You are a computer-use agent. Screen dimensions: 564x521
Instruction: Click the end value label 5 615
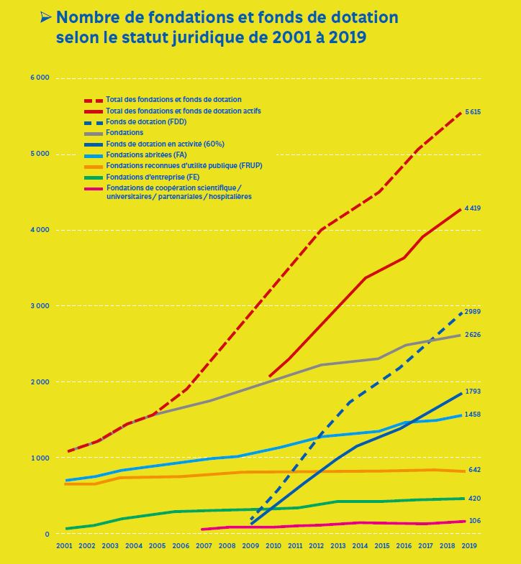click(x=473, y=112)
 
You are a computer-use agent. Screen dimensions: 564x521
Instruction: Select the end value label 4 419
click(x=473, y=208)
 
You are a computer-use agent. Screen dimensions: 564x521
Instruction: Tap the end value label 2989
click(x=473, y=313)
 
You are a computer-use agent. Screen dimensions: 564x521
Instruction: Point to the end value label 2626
click(x=473, y=335)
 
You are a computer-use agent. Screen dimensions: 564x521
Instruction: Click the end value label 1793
click(x=473, y=392)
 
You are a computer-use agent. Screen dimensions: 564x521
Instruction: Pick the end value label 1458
click(x=473, y=415)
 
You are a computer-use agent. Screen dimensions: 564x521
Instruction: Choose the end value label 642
click(x=474, y=470)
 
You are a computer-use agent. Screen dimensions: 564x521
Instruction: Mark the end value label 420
click(x=474, y=499)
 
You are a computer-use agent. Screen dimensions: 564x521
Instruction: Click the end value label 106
click(x=474, y=521)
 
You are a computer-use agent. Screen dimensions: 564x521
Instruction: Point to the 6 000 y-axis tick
click(x=40, y=78)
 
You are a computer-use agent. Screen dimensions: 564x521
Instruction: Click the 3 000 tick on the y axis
click(x=40, y=306)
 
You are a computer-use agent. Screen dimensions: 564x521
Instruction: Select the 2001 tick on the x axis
click(x=65, y=546)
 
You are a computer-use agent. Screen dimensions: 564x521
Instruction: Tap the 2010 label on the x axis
click(x=273, y=546)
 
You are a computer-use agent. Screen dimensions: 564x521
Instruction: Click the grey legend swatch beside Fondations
click(x=94, y=133)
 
